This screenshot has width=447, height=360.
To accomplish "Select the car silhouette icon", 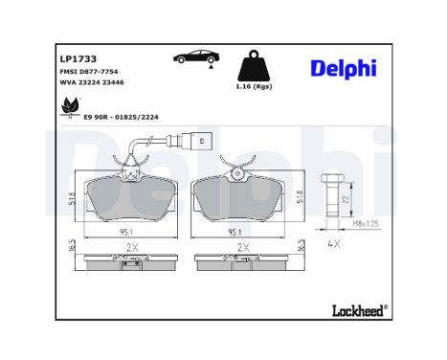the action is (191, 58).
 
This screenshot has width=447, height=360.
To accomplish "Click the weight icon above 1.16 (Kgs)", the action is (253, 67).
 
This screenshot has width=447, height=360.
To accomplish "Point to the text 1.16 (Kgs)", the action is (252, 88).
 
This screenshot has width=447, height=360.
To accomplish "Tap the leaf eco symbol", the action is (69, 110).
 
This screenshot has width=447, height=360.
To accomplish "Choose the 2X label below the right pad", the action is (242, 247).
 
